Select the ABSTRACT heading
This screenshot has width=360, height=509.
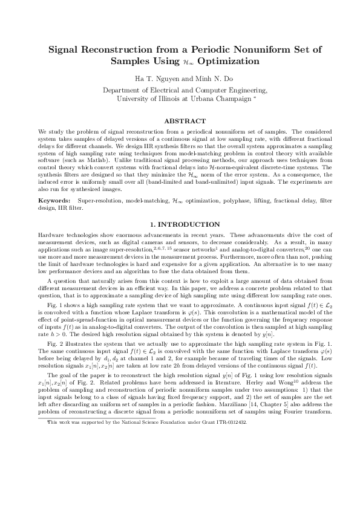tap(180, 122)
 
